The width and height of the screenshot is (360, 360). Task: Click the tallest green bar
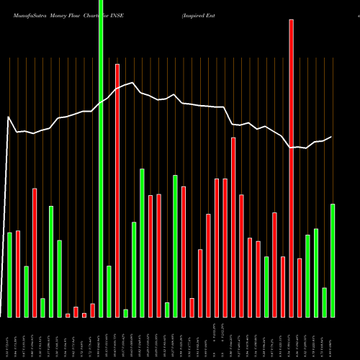(101, 158)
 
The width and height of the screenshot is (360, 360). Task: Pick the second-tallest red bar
(117, 190)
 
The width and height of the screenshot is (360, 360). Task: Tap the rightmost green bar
(333, 260)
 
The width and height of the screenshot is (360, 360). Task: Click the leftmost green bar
(9, 274)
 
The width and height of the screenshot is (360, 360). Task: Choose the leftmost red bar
(18, 274)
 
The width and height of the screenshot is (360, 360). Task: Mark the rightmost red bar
(300, 287)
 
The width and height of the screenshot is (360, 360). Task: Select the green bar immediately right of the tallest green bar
(109, 291)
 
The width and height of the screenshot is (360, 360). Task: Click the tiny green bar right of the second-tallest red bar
(125, 313)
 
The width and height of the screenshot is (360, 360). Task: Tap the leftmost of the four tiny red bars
(68, 315)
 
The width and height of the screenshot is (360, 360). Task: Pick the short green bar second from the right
(325, 302)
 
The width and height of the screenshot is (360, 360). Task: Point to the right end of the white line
(332, 137)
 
